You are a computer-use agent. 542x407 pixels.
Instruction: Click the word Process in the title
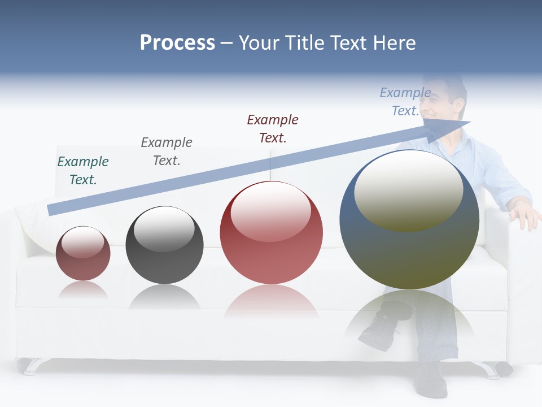coord(177,43)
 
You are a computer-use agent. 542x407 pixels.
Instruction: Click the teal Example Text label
coord(83,171)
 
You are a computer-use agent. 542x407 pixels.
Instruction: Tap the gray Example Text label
coord(167,151)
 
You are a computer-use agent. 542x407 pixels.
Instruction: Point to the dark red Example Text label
coord(273,129)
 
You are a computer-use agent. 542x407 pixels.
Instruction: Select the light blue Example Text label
coord(405,102)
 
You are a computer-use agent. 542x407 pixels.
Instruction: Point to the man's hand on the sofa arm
coord(524,215)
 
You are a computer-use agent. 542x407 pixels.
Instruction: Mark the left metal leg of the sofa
coord(28,366)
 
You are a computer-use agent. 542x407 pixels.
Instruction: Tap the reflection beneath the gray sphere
coord(164,296)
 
